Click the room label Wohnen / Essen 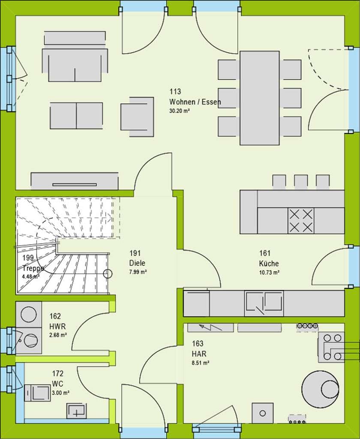pyautogui.click(x=195, y=102)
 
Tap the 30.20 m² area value pyautogui.click(x=180, y=111)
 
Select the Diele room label pyautogui.click(x=137, y=263)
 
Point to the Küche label pyautogui.click(x=269, y=263)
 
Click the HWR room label pyautogui.click(x=57, y=326)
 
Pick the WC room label pyautogui.click(x=57, y=383)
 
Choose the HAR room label pyautogui.click(x=199, y=354)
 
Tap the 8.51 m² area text pyautogui.click(x=201, y=363)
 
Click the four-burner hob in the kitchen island pyautogui.click(x=301, y=221)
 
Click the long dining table pyautogui.click(x=260, y=98)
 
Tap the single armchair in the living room pyautogui.click(x=137, y=114)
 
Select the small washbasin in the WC pyautogui.click(x=76, y=411)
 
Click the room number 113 pyautogui.click(x=175, y=91)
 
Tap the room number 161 pyautogui.click(x=265, y=253)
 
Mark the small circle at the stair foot pyautogui.click(x=108, y=274)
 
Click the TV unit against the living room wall pyautogui.click(x=75, y=181)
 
